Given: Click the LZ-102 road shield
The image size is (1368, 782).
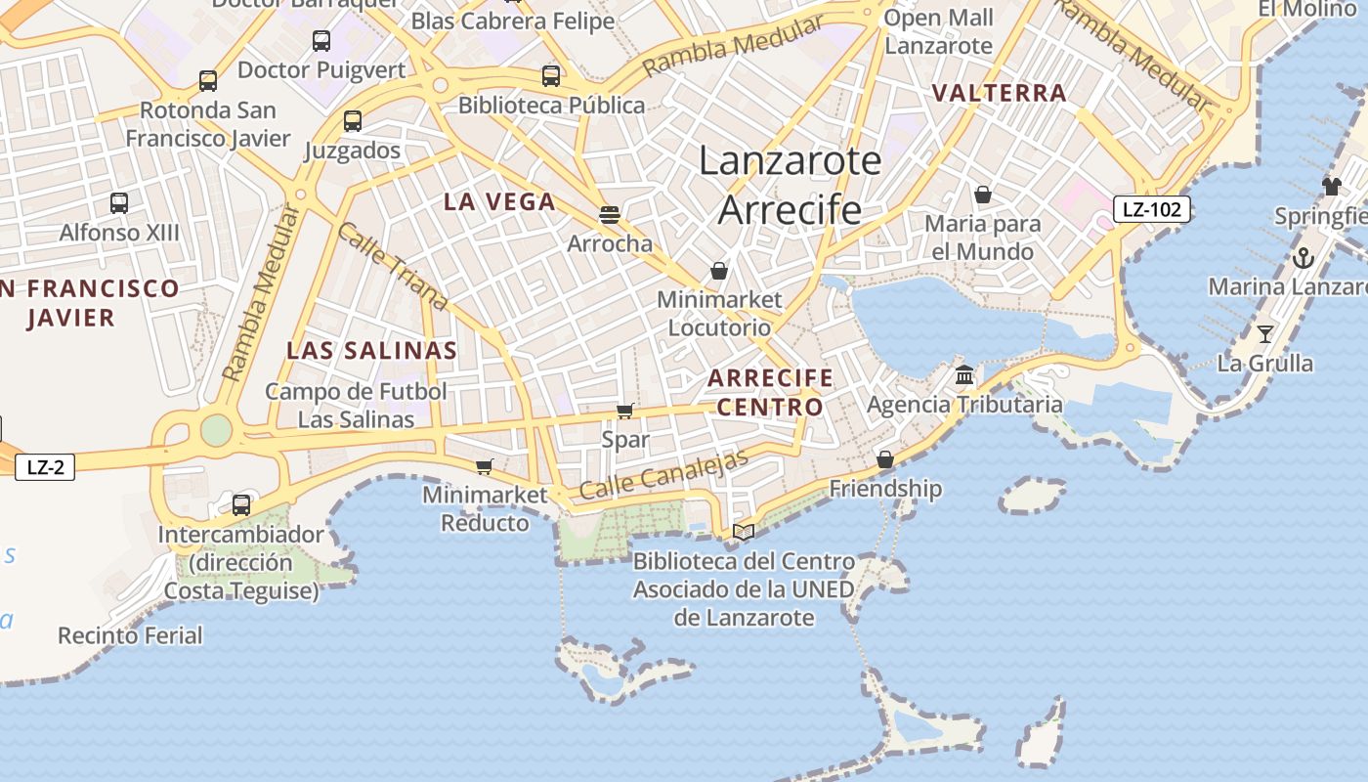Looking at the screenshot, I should [x=1152, y=208].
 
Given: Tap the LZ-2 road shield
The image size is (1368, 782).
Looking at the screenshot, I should [x=45, y=467].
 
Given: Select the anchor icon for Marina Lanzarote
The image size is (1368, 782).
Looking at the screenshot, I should [x=1303, y=258].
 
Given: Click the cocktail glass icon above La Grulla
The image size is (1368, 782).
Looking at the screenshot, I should [x=1265, y=334].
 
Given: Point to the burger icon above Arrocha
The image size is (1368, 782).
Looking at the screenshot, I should [x=610, y=214].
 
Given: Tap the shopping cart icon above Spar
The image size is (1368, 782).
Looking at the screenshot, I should [x=625, y=411].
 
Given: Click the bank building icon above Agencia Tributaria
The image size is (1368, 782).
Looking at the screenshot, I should [x=964, y=374].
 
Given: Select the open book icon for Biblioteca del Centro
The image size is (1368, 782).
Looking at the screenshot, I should [x=744, y=532].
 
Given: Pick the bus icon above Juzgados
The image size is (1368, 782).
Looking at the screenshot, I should [x=353, y=121].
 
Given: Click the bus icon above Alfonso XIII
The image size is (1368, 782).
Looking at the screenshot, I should [x=119, y=203].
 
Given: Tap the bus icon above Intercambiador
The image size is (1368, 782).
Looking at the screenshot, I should [x=240, y=505].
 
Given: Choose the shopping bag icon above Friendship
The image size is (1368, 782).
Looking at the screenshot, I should [x=885, y=459].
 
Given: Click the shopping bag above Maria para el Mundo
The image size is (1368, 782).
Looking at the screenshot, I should [x=983, y=195].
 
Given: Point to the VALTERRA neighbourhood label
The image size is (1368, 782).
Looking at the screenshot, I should [x=999, y=94].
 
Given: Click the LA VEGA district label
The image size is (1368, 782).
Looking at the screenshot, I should [x=499, y=202].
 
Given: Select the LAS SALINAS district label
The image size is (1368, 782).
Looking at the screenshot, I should [x=371, y=350].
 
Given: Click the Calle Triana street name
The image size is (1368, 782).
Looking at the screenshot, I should [x=391, y=266].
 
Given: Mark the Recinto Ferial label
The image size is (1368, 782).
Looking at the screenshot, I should [x=130, y=635].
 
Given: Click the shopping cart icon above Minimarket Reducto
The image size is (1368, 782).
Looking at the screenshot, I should [x=485, y=466].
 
